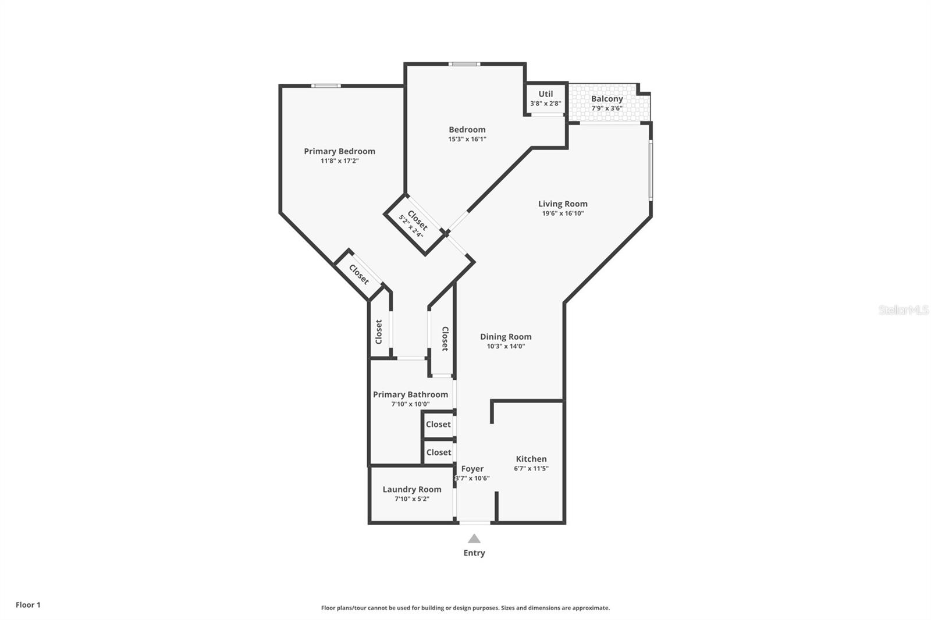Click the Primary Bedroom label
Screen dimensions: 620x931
point(339,151)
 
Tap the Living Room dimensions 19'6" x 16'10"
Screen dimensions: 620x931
point(563,213)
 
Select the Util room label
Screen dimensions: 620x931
point(545,94)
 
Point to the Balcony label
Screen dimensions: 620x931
point(607,99)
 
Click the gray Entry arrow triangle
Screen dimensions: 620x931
point(474,539)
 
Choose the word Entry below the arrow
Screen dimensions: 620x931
point(474,553)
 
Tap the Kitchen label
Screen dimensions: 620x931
point(531,459)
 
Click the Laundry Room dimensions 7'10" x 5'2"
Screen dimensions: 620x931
point(412,498)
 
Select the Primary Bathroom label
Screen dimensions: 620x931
point(410,394)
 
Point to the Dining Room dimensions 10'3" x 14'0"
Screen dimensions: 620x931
point(506,346)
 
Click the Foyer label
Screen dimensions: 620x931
point(472,469)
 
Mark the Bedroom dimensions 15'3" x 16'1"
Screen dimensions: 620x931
point(467,139)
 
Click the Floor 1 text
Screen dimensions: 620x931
point(28,605)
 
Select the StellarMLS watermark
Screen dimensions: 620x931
point(904,310)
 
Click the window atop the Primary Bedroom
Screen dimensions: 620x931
point(326,86)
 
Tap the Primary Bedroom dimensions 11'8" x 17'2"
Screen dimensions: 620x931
point(339,161)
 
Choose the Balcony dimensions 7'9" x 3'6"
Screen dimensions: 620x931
point(607,108)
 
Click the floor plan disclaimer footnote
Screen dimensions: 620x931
point(465,608)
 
